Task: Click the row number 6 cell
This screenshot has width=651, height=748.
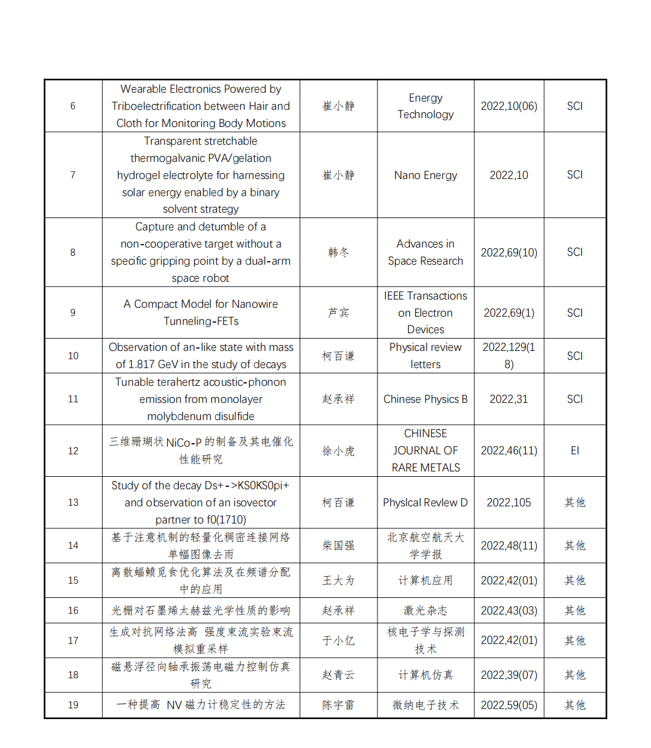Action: (x=73, y=106)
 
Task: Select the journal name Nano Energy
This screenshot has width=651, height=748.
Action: (x=425, y=175)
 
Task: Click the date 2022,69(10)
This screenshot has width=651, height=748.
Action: (x=509, y=252)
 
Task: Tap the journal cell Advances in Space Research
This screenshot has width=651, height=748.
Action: (x=425, y=252)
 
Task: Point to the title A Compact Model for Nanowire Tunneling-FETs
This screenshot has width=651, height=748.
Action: (x=200, y=313)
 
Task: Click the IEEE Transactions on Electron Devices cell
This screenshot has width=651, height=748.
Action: (x=425, y=313)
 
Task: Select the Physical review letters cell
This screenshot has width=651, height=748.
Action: (x=425, y=356)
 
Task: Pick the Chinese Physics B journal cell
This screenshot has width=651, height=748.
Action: (x=425, y=399)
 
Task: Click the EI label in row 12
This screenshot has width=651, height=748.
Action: (x=574, y=450)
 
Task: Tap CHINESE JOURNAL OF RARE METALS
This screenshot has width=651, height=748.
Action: (x=425, y=450)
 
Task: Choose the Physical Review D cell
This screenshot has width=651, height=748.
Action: (x=425, y=502)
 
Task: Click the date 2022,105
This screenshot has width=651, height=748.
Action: (x=509, y=502)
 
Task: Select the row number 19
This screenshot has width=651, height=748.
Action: (x=73, y=705)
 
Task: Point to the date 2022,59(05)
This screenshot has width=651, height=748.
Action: (x=509, y=705)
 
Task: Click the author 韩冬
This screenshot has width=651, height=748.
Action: (x=338, y=252)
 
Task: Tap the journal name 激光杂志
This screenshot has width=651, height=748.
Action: (x=425, y=610)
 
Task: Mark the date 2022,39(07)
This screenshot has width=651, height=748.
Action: (x=509, y=675)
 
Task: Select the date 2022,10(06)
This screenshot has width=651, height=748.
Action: (x=509, y=106)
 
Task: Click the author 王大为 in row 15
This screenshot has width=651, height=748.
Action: (x=338, y=580)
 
